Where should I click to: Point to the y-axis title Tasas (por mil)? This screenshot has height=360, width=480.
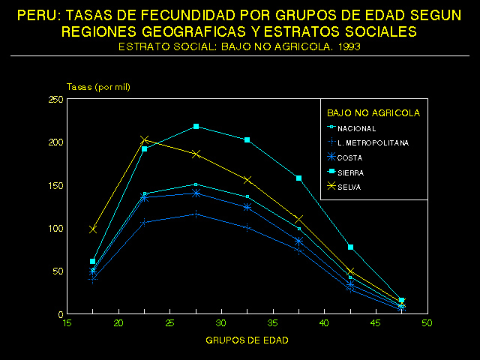click(x=99, y=87)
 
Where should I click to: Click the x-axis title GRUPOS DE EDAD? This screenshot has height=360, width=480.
click(x=246, y=340)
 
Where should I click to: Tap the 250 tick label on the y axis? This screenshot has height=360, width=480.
click(x=55, y=99)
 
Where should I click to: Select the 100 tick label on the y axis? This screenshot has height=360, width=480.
click(x=55, y=228)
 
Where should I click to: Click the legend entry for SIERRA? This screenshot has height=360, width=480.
click(x=351, y=172)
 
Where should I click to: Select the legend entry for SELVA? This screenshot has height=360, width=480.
click(x=349, y=187)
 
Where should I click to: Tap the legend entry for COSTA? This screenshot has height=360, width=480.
click(x=350, y=157)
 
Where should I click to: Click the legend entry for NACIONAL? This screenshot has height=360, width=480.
click(x=356, y=128)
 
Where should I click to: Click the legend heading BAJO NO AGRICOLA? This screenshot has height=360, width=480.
click(x=373, y=113)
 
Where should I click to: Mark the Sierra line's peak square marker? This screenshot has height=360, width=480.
click(x=196, y=126)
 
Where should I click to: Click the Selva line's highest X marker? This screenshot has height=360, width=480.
click(x=145, y=140)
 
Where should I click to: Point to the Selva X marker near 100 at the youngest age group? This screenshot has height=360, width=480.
click(x=93, y=229)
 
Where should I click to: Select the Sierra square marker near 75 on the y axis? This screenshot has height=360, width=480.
click(x=350, y=247)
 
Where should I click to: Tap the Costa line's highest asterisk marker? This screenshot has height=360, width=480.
click(x=196, y=193)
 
